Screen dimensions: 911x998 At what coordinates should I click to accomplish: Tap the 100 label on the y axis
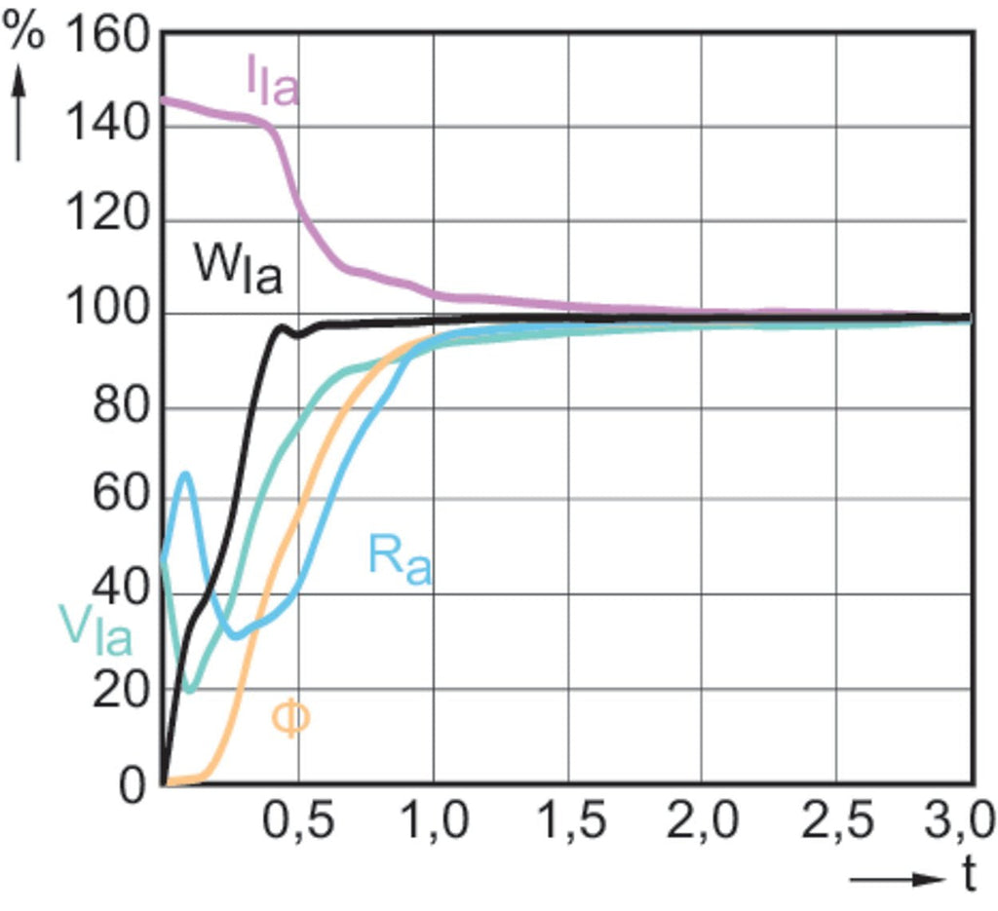107,315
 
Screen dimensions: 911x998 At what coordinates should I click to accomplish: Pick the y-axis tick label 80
121,408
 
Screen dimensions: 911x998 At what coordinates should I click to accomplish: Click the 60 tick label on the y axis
121,501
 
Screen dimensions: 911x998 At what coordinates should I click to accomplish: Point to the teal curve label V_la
95,629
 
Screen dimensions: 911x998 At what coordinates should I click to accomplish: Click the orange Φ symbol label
289,719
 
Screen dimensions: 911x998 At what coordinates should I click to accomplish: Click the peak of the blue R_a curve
185,473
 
